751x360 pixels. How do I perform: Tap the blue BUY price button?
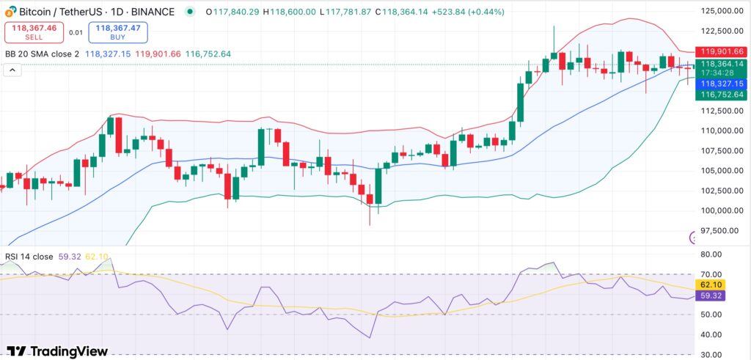point(117,32)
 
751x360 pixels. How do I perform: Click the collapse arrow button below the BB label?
point(12,70)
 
